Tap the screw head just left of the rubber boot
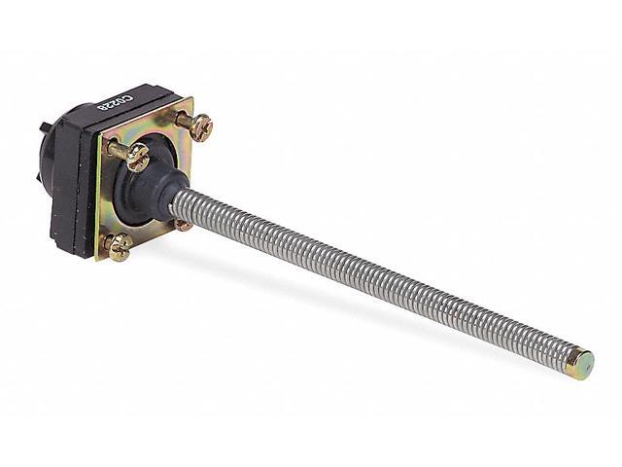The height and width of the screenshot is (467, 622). (x=136, y=156)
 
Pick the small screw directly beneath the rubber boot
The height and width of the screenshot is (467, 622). (x=183, y=225)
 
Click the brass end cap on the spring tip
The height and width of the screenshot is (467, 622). (x=581, y=365)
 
